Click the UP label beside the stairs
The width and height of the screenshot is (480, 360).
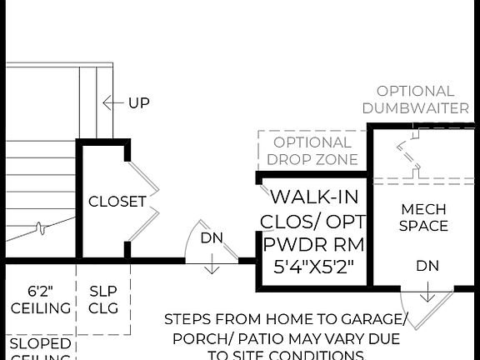(138, 103)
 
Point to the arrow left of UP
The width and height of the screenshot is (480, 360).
(112, 103)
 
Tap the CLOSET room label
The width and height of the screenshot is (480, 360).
(117, 202)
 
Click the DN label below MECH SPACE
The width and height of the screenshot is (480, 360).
(427, 266)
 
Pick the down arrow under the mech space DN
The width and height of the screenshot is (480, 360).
(427, 292)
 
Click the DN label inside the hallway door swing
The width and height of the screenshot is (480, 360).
(212, 237)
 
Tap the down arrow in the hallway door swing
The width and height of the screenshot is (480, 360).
(212, 263)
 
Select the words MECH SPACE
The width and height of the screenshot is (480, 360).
(423, 217)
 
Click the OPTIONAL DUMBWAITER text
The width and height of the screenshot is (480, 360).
(415, 99)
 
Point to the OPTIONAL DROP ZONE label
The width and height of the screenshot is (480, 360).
(312, 151)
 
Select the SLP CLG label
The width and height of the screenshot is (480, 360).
(103, 299)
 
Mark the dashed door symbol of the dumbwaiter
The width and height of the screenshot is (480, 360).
(408, 158)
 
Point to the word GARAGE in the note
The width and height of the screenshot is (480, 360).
(374, 319)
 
